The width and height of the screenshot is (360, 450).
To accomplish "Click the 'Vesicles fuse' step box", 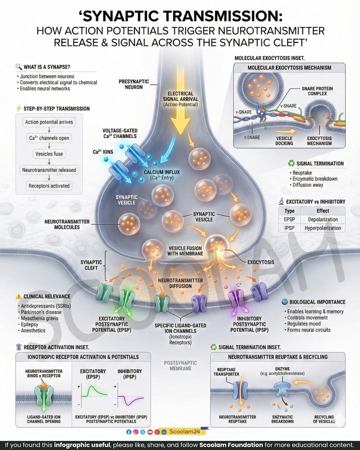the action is [49, 154].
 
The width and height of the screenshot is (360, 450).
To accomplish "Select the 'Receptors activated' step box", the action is [49, 186].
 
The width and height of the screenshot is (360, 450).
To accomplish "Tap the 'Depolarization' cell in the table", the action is [323, 219].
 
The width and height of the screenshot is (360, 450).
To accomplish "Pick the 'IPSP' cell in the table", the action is [289, 228].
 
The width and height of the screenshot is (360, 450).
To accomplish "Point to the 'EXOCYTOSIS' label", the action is [261, 262].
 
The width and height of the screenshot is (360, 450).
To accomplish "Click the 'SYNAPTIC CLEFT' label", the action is [91, 265].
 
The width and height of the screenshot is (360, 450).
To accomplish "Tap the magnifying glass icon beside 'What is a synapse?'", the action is [19, 67].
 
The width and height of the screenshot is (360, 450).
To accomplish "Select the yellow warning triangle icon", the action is [19, 296].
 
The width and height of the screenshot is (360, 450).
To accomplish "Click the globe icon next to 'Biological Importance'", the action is [285, 302].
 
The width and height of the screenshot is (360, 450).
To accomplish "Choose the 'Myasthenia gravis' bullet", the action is [38, 318].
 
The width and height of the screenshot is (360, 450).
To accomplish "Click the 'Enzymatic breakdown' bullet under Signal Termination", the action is [314, 179].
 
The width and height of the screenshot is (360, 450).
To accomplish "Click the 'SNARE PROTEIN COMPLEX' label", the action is [317, 91].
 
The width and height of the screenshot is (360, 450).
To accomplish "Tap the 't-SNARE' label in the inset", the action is [252, 137].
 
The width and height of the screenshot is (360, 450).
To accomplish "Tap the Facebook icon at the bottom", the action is [129, 432].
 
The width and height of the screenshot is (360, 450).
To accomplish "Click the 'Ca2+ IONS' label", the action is [103, 152].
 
